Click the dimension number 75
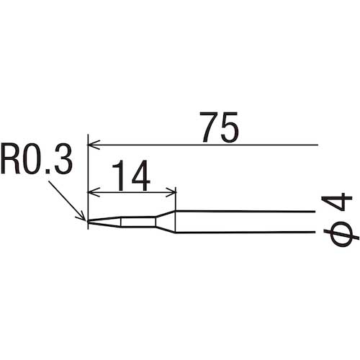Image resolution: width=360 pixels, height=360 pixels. click(219, 128)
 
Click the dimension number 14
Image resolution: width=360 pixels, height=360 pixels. click(131, 176)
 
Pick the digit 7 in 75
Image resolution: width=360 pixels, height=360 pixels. click(207, 128)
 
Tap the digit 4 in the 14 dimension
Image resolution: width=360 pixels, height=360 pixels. click(140, 176)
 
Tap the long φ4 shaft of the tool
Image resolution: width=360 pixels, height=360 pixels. click(245, 222)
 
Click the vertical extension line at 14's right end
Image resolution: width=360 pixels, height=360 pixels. click(176, 199)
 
